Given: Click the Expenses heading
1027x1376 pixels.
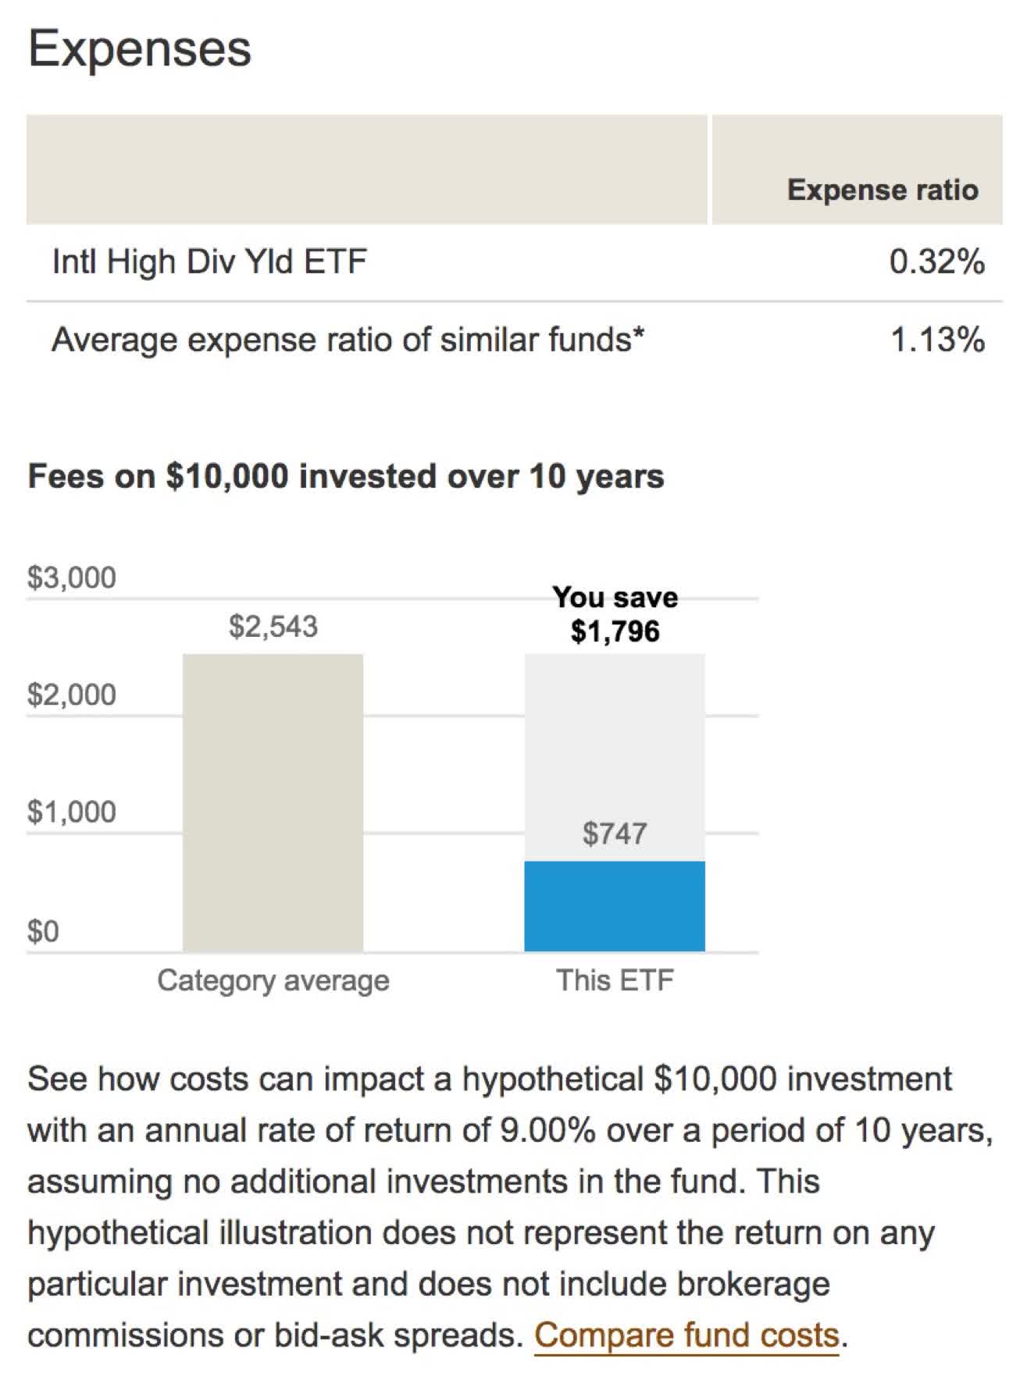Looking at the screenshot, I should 140,49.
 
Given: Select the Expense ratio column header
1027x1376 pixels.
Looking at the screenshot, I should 882,190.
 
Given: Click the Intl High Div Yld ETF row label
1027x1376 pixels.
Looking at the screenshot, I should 209,261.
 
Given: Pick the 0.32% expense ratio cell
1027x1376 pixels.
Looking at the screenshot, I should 936,261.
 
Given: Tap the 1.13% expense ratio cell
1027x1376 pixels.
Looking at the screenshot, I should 937,340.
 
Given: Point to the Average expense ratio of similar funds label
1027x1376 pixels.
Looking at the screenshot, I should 348,340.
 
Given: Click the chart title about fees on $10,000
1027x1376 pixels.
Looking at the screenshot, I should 345,476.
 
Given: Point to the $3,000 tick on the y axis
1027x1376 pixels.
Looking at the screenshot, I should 71,578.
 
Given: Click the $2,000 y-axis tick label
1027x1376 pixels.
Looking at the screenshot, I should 71,694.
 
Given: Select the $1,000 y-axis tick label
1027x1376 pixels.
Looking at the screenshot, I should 71,812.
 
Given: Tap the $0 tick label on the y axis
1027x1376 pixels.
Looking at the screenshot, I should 43,931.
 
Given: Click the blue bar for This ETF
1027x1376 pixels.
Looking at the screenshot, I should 614,905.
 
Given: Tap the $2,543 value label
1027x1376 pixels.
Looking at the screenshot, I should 273,626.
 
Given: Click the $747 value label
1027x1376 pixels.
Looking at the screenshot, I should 615,834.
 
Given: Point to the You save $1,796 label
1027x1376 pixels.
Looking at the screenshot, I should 615,614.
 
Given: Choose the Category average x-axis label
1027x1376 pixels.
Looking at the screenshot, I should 273,980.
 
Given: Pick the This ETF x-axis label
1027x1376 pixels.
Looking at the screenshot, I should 615,980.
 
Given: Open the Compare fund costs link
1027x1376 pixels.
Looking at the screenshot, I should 686,1335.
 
